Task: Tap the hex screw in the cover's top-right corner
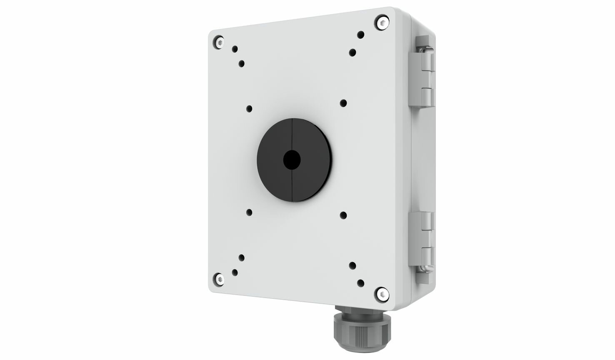click(382, 22)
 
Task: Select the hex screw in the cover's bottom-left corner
click(219, 279)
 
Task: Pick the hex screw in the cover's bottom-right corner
click(382, 295)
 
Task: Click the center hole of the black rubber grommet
click(292, 160)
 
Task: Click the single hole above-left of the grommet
click(249, 109)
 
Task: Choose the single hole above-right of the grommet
click(343, 103)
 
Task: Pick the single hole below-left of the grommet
click(249, 212)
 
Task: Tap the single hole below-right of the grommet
click(343, 215)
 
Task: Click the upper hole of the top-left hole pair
click(235, 49)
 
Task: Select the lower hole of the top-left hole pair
click(242, 64)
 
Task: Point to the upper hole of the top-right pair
click(361, 35)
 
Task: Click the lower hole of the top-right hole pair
click(352, 52)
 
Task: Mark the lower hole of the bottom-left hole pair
click(235, 272)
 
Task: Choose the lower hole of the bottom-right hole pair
click(361, 283)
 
